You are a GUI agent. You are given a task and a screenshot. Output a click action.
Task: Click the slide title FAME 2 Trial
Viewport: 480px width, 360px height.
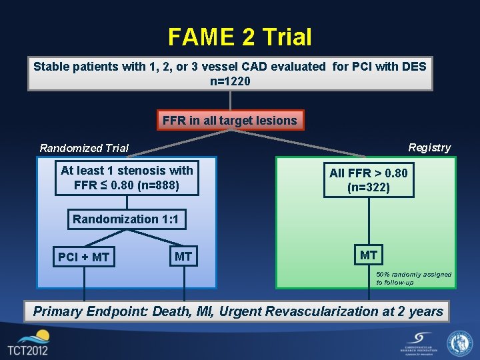tap(239, 37)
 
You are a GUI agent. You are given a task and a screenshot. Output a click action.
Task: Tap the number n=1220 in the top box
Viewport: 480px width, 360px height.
tap(230, 81)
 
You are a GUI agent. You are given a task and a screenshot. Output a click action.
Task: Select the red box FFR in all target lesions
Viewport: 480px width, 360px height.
tap(230, 121)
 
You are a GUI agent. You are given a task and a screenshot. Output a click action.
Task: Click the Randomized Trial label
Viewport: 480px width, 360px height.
tap(84, 148)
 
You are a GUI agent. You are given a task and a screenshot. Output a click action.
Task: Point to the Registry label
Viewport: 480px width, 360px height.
tap(429, 147)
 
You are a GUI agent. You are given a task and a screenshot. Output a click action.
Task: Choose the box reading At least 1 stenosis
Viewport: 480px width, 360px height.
tap(127, 177)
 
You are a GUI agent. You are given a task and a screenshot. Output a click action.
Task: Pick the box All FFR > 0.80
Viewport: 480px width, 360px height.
tap(368, 180)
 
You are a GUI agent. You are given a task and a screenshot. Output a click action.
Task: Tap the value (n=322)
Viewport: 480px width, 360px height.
tap(368, 188)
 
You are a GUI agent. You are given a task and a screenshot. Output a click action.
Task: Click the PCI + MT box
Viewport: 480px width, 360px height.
tap(84, 257)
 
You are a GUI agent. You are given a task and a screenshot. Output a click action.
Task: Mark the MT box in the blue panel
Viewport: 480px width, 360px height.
tap(183, 256)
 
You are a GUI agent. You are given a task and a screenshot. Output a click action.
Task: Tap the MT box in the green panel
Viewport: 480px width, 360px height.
tap(369, 255)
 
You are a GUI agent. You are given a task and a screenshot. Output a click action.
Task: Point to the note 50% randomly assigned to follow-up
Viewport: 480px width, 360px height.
tap(413, 278)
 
